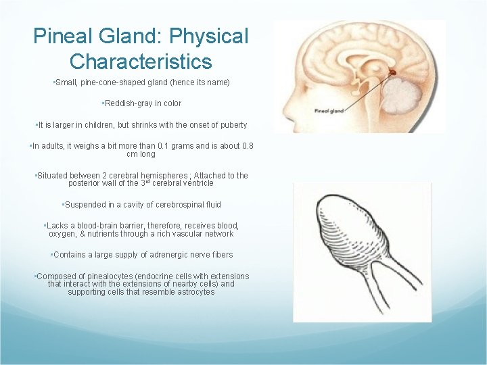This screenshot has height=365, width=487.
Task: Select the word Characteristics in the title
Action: click(141, 62)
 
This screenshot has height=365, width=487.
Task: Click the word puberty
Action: click(231, 125)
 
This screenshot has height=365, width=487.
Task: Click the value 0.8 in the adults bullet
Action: click(248, 146)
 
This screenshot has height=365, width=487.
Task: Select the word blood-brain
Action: click(102, 226)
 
